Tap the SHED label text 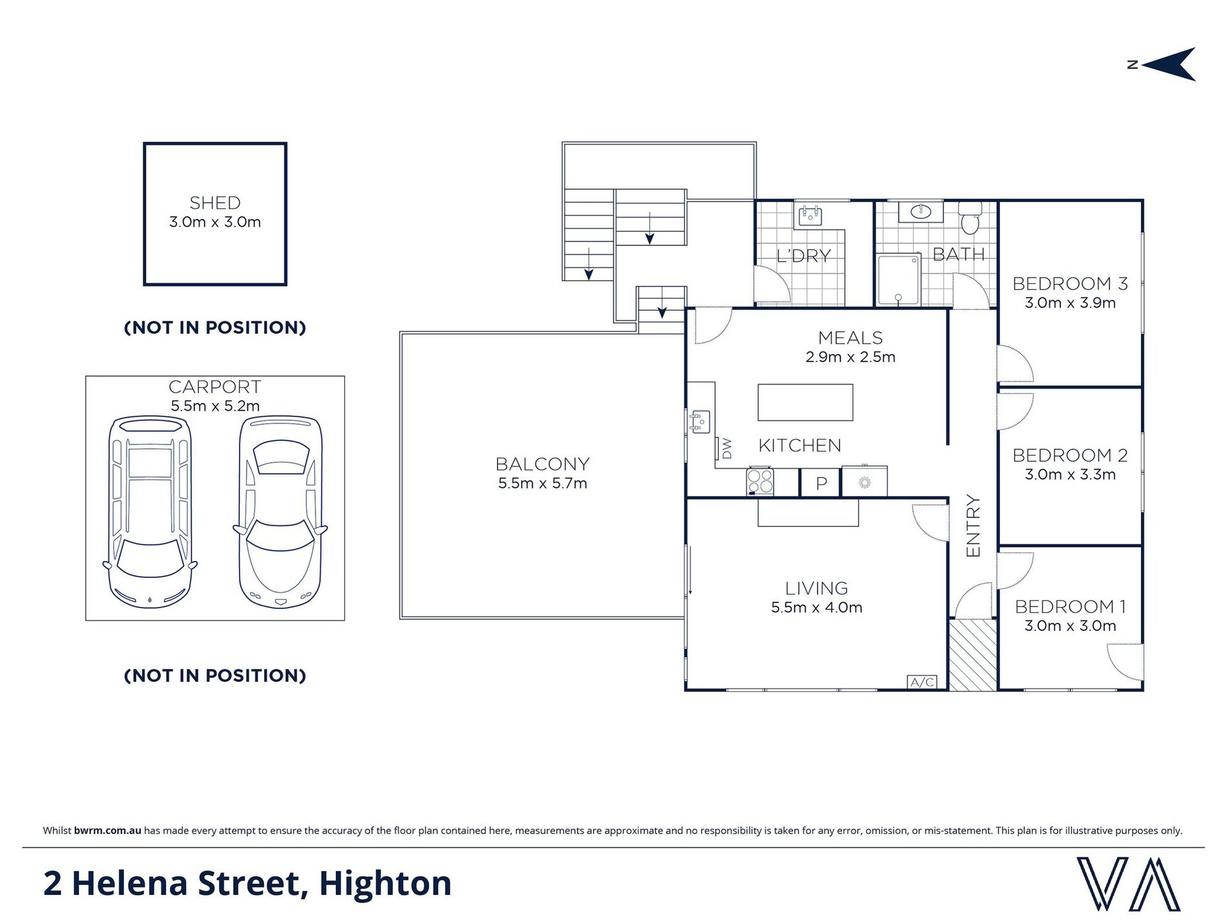pyautogui.click(x=215, y=203)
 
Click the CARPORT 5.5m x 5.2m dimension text pyautogui.click(x=215, y=406)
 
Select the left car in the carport pyautogui.click(x=150, y=512)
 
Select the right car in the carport pyautogui.click(x=280, y=512)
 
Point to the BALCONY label pyautogui.click(x=542, y=464)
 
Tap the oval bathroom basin pyautogui.click(x=920, y=211)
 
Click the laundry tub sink pyautogui.click(x=810, y=216)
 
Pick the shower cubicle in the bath pyautogui.click(x=898, y=280)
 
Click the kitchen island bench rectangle pyautogui.click(x=805, y=402)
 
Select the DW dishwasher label pyautogui.click(x=727, y=448)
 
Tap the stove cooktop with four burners pyautogui.click(x=760, y=482)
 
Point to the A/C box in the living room pyautogui.click(x=922, y=682)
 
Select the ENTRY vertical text pyautogui.click(x=973, y=526)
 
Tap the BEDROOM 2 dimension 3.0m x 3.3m pyautogui.click(x=1070, y=475)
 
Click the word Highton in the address pyautogui.click(x=385, y=883)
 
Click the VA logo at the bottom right pyautogui.click(x=1128, y=884)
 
